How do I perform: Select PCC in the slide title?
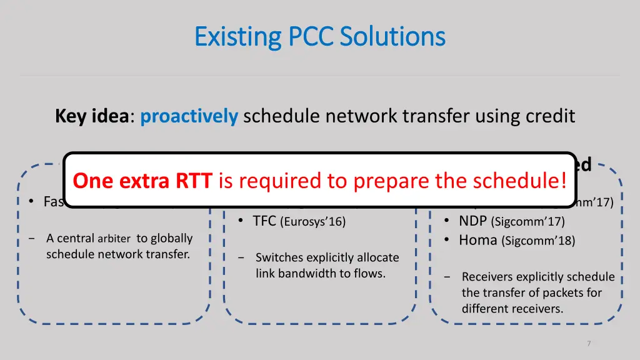point(309,37)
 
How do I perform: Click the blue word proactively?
point(189,117)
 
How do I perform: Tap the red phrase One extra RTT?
point(142,181)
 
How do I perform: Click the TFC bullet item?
point(265,221)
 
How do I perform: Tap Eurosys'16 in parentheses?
point(313,221)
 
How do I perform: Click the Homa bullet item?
point(478,239)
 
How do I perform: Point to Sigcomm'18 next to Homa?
point(539,241)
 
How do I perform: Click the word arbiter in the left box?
point(114,239)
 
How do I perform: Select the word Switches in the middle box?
point(279,257)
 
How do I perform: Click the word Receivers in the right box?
point(489,276)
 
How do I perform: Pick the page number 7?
point(589,343)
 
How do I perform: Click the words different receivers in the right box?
point(512,308)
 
